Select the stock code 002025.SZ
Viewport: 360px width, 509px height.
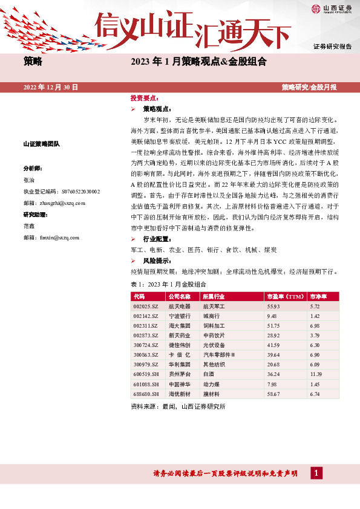[x=146, y=307]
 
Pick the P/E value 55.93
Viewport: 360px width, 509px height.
[x=274, y=307]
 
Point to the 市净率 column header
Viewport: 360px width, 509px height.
[x=318, y=297]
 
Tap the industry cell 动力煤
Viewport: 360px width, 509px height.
[x=211, y=384]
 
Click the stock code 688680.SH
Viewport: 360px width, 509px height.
[x=146, y=394]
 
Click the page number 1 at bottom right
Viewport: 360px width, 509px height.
[x=315, y=473]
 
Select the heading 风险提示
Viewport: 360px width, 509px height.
[x=155, y=261]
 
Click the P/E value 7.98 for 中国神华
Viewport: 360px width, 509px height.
[x=272, y=384]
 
